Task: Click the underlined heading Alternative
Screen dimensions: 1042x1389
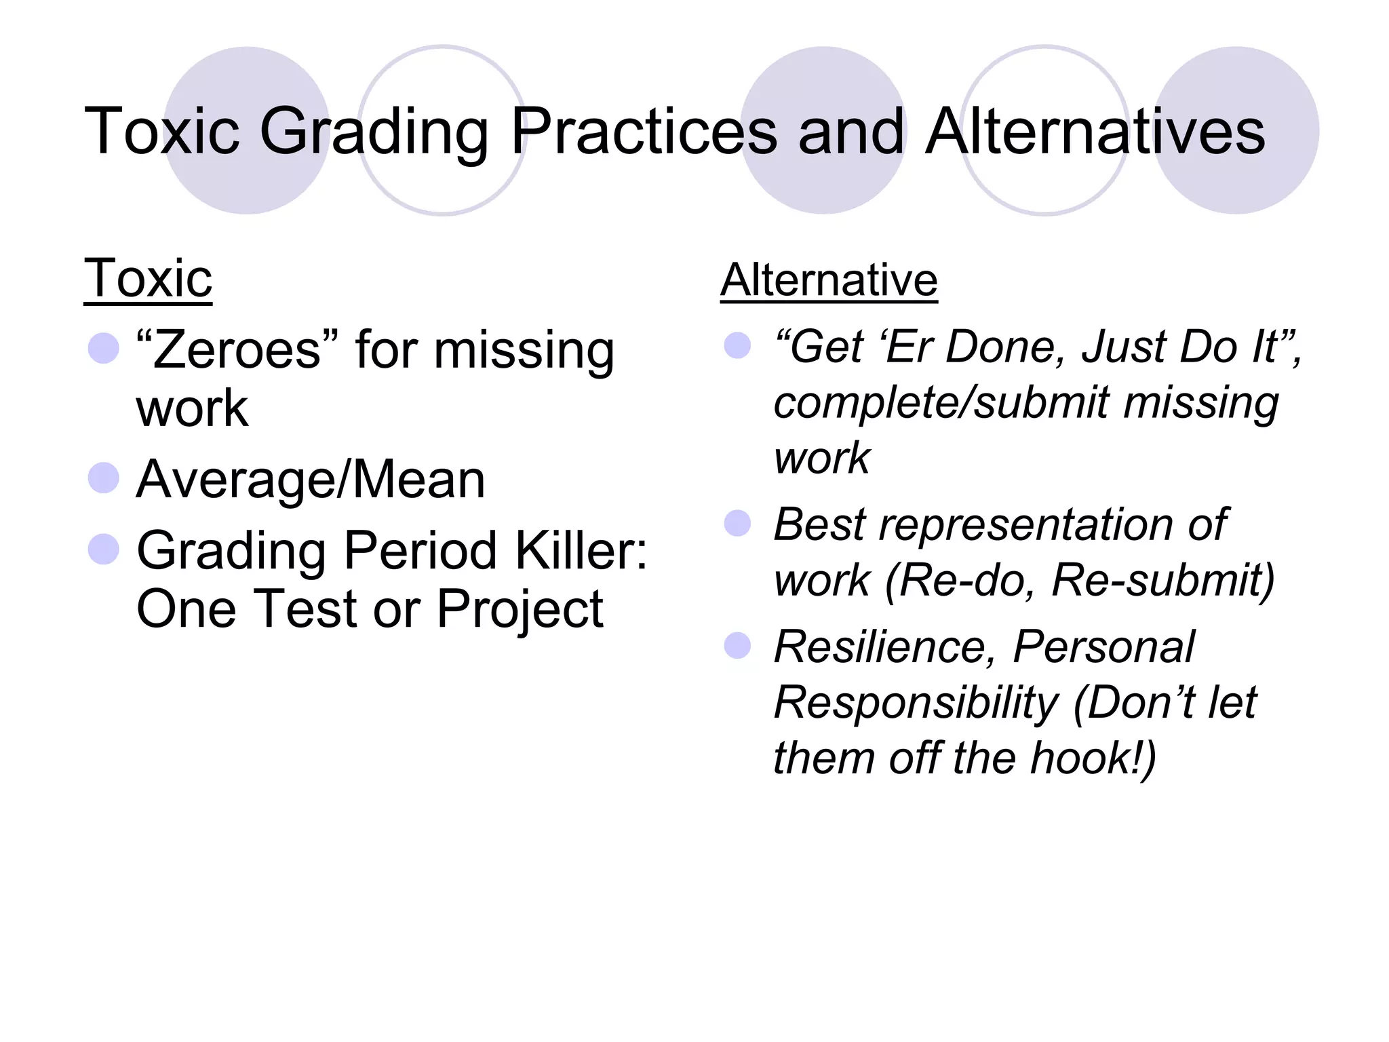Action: tap(829, 279)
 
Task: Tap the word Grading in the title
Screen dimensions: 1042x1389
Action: tap(374, 132)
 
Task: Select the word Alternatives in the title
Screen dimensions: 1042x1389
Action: tap(1095, 132)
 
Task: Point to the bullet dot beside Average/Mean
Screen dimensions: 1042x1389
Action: tap(104, 478)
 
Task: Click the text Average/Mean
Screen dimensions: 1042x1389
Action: tap(311, 480)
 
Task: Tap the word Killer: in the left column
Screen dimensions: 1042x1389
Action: tap(581, 550)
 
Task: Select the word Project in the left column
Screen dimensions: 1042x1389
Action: tap(520, 609)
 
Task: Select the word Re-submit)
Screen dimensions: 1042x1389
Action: tap(1164, 581)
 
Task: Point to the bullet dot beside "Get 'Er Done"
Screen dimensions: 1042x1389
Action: tap(738, 345)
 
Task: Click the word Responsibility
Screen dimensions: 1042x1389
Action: tap(916, 702)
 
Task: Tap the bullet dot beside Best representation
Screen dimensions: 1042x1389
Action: tap(738, 523)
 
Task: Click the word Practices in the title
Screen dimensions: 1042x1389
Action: tap(643, 132)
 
